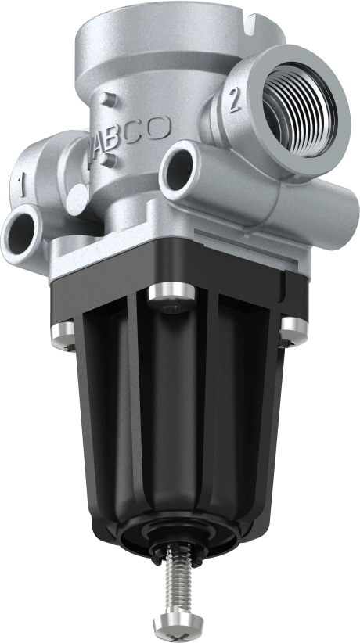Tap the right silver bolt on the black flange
(293, 331)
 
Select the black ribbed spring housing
(172, 422)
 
